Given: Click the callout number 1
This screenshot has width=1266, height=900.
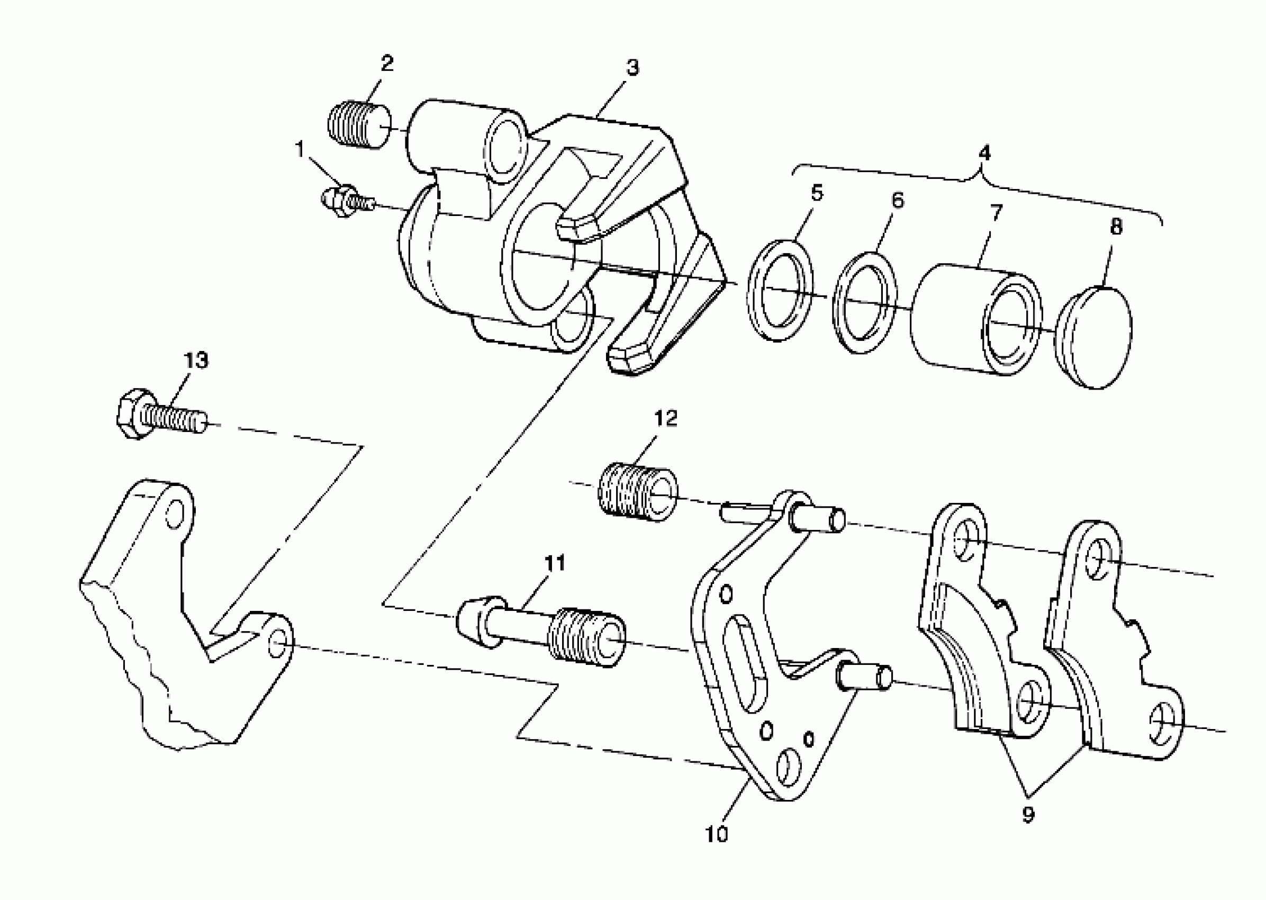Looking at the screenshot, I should coord(300,149).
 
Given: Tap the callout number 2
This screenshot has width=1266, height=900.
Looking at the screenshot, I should coord(387,63).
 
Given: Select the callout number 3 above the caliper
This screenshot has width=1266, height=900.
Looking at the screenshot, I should coord(632,68).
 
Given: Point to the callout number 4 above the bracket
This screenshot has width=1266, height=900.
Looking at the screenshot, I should coord(983,152).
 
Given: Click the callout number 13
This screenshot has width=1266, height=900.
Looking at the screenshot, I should coord(196,360).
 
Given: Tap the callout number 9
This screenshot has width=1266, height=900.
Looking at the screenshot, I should coord(1028,814).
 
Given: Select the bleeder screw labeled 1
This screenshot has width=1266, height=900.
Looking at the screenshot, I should coord(346,201).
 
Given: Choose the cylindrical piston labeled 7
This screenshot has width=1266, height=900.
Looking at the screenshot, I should coord(975,320).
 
